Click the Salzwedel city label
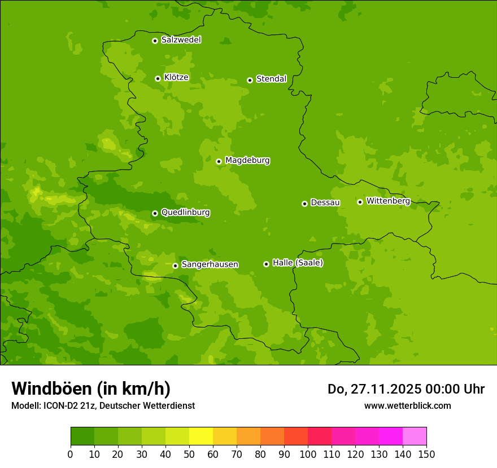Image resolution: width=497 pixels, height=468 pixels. click(181, 40)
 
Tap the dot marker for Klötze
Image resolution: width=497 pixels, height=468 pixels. click(158, 78)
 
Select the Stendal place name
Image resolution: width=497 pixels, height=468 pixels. click(271, 79)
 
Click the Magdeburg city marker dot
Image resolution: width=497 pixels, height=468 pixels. click(219, 161)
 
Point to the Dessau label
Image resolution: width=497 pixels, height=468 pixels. click(325, 202)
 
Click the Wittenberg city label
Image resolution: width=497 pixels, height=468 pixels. click(388, 201)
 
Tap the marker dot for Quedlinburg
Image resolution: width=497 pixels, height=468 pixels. click(155, 213)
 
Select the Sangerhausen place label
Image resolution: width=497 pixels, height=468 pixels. click(210, 264)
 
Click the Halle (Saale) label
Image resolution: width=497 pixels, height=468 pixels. click(298, 263)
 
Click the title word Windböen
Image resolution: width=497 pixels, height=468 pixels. click(52, 388)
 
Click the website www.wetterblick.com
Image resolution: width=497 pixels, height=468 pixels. click(407, 405)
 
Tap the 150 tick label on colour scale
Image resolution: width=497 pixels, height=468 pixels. click(426, 454)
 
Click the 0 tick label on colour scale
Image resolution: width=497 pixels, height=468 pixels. click(71, 454)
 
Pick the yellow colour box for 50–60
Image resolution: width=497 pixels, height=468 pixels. click(201, 436)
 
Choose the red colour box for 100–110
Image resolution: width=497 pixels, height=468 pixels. click(320, 436)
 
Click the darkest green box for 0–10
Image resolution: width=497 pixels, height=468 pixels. click(82, 436)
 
